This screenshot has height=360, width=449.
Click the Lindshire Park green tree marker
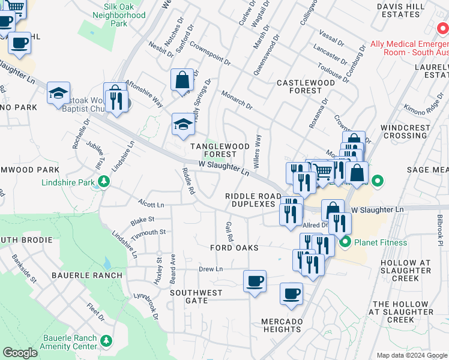104,181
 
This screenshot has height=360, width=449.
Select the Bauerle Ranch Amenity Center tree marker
106,341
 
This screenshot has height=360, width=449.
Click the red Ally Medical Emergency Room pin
443,29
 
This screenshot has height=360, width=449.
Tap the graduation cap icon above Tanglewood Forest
183,124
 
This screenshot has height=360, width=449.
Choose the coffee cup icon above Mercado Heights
292,293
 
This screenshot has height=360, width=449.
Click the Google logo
20,353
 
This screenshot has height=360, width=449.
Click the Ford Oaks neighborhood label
234,248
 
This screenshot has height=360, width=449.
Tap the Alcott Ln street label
151,205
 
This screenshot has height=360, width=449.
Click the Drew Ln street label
211,269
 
